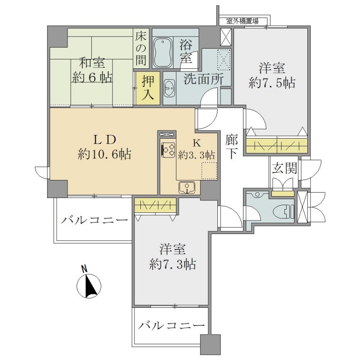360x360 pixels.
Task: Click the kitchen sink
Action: tap(187, 188)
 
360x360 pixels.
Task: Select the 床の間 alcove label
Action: tap(140, 49)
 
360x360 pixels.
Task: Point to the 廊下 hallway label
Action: tap(231, 147)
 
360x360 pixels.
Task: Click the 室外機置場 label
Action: tap(242, 21)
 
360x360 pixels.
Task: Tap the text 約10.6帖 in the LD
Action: tap(104, 154)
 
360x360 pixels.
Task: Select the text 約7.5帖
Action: tap(272, 83)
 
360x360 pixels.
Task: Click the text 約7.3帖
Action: tap(173, 264)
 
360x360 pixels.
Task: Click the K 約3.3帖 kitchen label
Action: tap(197, 149)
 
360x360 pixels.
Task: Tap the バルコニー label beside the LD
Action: tap(94, 221)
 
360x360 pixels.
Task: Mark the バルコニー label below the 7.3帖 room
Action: tap(171, 325)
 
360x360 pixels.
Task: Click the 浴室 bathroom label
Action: tap(186, 50)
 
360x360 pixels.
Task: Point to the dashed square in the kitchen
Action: tap(209, 171)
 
